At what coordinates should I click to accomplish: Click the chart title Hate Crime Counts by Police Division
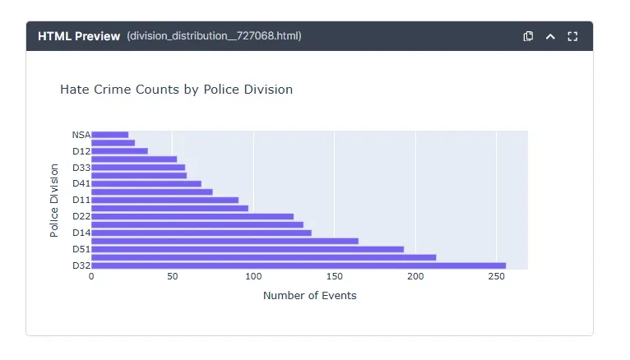(x=176, y=90)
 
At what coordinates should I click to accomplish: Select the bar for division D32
(x=298, y=265)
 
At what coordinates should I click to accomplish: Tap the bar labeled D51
(x=247, y=249)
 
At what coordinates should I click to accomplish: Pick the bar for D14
(x=201, y=233)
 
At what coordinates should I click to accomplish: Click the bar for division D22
(x=192, y=216)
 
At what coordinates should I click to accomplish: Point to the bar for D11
(x=164, y=200)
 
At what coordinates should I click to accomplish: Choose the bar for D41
(x=146, y=183)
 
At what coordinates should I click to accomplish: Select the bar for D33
(x=137, y=167)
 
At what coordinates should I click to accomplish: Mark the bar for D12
(x=119, y=151)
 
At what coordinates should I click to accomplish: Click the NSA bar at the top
(x=109, y=135)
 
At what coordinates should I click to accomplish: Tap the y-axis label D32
(x=81, y=265)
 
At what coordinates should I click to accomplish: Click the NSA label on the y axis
(x=81, y=135)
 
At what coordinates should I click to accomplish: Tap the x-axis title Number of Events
(x=309, y=295)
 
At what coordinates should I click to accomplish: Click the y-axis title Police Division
(x=54, y=201)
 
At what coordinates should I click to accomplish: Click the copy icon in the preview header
(x=529, y=36)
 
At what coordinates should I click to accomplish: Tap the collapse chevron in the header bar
(x=551, y=36)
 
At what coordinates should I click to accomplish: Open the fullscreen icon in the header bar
(x=573, y=36)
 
